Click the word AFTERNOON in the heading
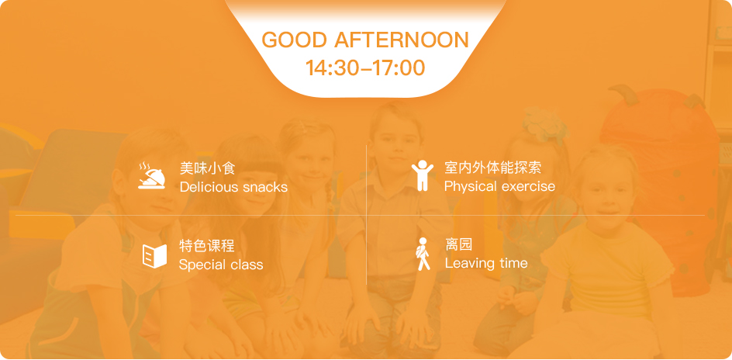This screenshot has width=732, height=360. coord(402,40)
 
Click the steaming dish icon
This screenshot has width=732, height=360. coord(152,175)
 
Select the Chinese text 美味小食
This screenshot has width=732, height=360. coord(207,168)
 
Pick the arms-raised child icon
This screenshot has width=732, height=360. coord(422,175)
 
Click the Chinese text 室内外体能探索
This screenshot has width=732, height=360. coord(492,168)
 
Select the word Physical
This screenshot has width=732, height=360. coord(470,187)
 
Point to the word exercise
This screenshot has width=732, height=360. coord(527,187)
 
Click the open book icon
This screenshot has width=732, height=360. coord(154,256)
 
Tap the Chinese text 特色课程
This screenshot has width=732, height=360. coord(207,246)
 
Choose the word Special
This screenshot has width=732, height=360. coord(200,265)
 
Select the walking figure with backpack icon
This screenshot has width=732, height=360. coord(423,254)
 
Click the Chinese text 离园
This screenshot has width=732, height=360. coord(458,244)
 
